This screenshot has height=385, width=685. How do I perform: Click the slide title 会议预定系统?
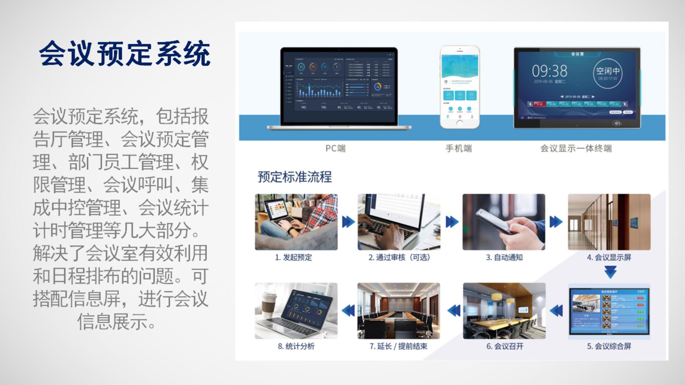point(125,53)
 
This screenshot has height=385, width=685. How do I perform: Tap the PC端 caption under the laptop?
point(335,148)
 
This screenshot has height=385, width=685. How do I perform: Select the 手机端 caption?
point(458,148)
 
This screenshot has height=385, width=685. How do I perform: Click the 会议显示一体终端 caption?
point(576,148)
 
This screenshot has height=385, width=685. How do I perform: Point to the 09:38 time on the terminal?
point(549,71)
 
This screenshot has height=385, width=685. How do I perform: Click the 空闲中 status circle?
point(608,73)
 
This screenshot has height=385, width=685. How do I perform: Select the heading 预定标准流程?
point(295,177)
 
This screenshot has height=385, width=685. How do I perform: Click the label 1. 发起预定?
point(293,257)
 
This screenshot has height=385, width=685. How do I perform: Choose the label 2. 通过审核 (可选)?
point(399,257)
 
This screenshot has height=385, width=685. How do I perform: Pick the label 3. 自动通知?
point(504,257)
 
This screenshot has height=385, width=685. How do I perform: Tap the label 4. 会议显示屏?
point(609,257)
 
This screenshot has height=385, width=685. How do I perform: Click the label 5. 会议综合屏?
point(609,346)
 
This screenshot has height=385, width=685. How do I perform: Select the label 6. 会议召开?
point(505,346)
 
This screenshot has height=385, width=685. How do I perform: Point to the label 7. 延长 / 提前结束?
point(399,346)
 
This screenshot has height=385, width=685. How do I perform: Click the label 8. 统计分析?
point(296,346)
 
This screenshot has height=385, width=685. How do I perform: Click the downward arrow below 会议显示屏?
point(610,272)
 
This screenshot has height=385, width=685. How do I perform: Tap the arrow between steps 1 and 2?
point(348,222)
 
